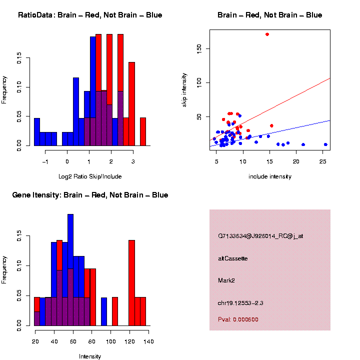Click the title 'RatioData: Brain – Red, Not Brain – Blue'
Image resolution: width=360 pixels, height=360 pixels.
(x=90, y=15)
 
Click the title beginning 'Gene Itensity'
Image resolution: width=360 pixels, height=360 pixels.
(x=90, y=194)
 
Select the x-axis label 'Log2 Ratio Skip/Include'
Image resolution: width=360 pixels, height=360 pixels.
(x=90, y=176)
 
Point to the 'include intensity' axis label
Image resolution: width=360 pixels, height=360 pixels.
(x=270, y=176)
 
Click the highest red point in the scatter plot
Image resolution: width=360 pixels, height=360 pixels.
(x=267, y=34)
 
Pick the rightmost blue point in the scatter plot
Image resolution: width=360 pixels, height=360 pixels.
(x=325, y=144)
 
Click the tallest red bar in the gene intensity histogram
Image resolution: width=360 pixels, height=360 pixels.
(x=132, y=282)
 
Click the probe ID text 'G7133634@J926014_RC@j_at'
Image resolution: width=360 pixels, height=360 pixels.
(x=260, y=236)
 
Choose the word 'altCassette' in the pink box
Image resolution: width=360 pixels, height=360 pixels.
(x=233, y=258)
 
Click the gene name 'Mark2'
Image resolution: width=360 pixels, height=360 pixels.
(x=226, y=280)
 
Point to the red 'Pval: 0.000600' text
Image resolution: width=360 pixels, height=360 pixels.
(x=238, y=319)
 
